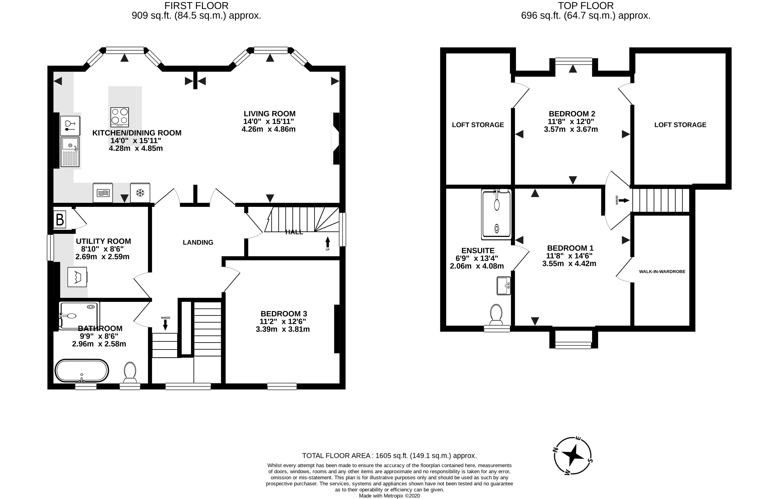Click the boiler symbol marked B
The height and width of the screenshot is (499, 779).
tap(60, 220)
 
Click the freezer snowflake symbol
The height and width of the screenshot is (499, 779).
tap(140, 193)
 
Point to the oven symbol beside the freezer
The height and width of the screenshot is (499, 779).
tap(103, 193)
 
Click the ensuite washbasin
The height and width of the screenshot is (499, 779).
tap(503, 286)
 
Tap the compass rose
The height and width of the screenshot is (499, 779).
tap(573, 455)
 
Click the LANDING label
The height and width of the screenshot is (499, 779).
tap(198, 242)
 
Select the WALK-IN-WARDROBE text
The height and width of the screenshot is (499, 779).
tap(662, 272)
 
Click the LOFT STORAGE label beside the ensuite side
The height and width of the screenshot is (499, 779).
tap(478, 125)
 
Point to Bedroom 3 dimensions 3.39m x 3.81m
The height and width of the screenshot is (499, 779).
tap(283, 329)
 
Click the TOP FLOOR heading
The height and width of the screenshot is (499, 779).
tap(586, 6)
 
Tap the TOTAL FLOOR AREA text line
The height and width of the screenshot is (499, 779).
tap(389, 456)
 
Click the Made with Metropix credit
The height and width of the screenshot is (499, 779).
tap(389, 496)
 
